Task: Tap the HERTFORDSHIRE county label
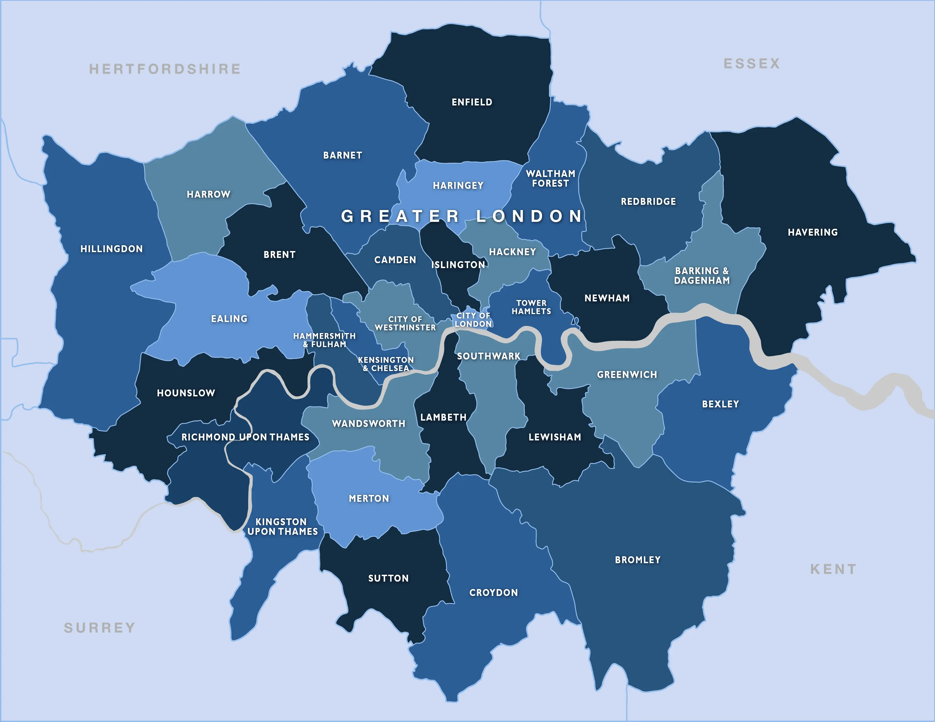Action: click(165, 69)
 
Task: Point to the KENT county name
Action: click(833, 569)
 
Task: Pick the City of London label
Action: click(473, 320)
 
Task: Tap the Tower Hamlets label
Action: click(531, 307)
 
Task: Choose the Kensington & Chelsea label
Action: click(386, 364)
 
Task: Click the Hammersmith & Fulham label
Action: click(324, 340)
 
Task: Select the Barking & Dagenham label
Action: click(702, 276)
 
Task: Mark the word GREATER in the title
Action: click(400, 216)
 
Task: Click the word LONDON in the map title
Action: click(530, 216)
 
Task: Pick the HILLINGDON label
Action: click(112, 249)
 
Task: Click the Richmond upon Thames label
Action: click(245, 437)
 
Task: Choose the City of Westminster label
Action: click(405, 323)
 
